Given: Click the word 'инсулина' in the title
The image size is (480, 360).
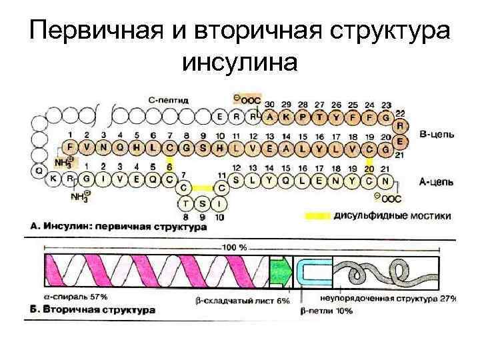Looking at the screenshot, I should (x=239, y=62).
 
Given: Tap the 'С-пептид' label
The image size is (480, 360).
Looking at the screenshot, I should (x=168, y=99).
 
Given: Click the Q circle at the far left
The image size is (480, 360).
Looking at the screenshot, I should (x=37, y=171).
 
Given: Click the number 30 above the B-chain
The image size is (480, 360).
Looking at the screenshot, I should (x=269, y=105).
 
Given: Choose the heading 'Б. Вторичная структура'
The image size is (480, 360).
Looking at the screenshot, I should (x=93, y=310).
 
